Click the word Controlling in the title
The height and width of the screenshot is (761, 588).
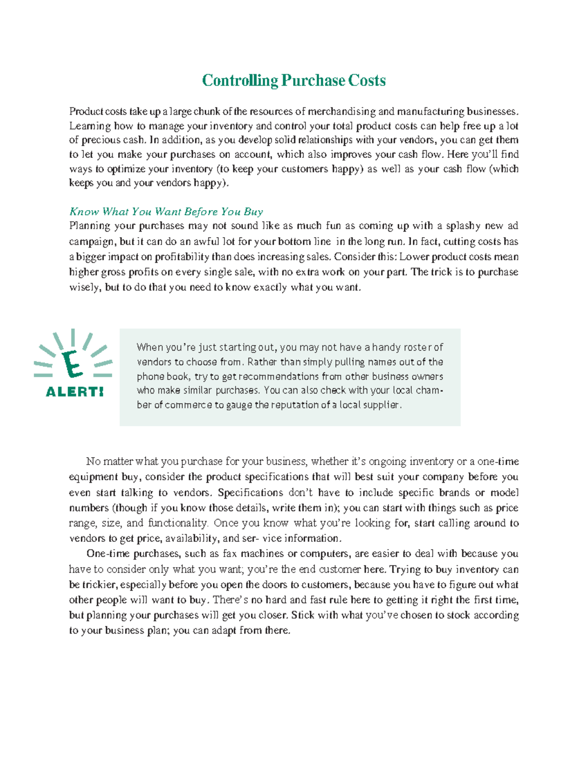click(240, 80)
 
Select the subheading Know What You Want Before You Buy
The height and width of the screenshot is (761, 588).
click(166, 212)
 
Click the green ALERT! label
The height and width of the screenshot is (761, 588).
click(74, 392)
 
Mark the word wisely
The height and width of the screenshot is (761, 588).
click(84, 287)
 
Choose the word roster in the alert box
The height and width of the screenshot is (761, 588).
click(417, 347)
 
